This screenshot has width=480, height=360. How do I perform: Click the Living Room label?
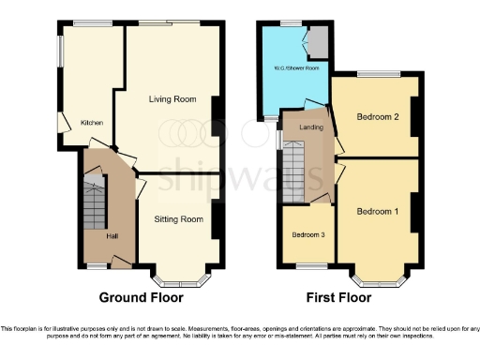point(172,98)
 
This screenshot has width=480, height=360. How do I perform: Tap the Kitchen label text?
point(91,122)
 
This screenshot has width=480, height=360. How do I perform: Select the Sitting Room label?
point(178,219)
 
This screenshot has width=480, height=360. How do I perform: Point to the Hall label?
point(112,235)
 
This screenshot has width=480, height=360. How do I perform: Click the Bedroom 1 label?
point(378,211)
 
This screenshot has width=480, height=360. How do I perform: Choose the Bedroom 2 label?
point(378,116)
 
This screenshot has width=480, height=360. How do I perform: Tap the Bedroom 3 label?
point(307,234)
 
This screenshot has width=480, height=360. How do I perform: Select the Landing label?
point(311,127)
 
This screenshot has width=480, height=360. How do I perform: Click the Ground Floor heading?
point(142,297)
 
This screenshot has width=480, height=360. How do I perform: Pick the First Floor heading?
point(338,297)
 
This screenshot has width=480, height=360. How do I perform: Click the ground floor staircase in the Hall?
point(94,206)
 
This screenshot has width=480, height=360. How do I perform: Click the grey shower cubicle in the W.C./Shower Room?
point(319,41)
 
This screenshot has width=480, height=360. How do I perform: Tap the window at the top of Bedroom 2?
point(379,74)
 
